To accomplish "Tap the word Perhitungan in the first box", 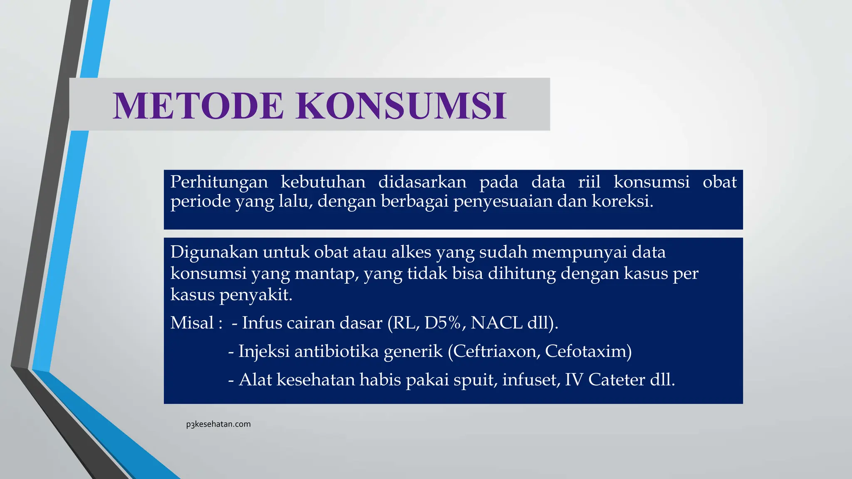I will coord(219,183).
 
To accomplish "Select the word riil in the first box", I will coord(589,182).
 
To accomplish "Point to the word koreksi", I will coord(622,201).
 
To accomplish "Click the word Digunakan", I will coord(214,252).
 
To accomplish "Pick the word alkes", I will coord(411,252).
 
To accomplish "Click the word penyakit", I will coord(255,295).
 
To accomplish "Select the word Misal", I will coord(192,323).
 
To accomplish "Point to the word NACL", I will coord(496,323).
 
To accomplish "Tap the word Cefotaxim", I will coord(587,351).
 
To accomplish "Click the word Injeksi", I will coord(264,351).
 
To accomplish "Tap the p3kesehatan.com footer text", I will coord(218,424).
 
